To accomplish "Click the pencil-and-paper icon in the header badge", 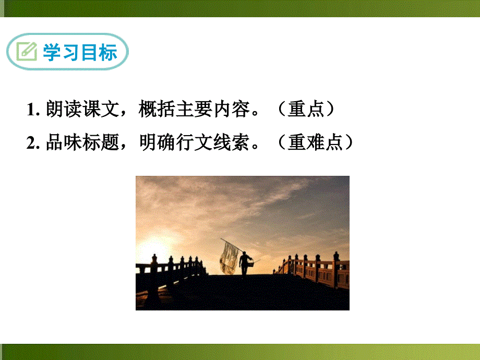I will click(26, 52).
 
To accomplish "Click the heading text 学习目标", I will click(80, 52).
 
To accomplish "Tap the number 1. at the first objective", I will click(33, 110).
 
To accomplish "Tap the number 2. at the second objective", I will click(33, 142).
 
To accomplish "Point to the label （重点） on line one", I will click(304, 110).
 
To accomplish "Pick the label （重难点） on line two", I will click(313, 142).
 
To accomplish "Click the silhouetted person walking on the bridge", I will click(244, 263).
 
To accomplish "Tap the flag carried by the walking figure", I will click(229, 257).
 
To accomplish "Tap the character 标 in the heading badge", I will click(109, 52).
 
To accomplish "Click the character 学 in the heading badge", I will click(52, 52).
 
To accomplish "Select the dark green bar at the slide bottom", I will click(240, 352).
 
